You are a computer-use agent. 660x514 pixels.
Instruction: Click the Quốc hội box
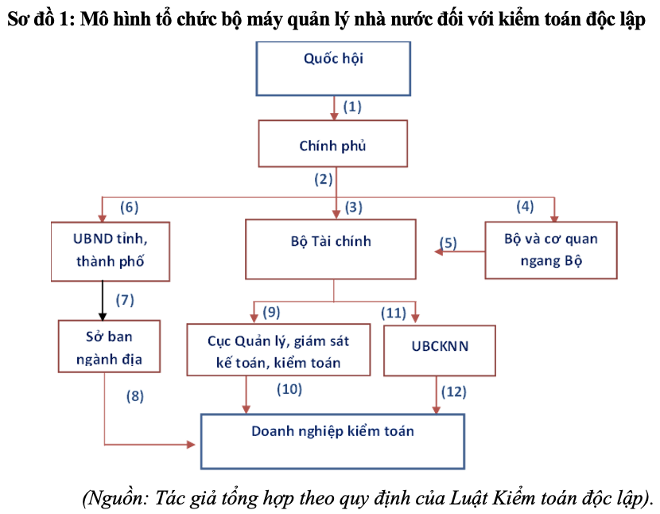pyautogui.click(x=333, y=68)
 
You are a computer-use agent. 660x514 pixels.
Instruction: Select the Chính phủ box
pyautogui.click(x=333, y=144)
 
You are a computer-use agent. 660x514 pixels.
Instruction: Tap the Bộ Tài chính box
pyautogui.click(x=331, y=249)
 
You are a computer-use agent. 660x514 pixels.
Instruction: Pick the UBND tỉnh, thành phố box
pyautogui.click(x=111, y=251)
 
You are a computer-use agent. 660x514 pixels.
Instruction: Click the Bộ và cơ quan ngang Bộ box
pyautogui.click(x=551, y=251)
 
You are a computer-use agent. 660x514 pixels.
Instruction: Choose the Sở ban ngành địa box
pyautogui.click(x=109, y=346)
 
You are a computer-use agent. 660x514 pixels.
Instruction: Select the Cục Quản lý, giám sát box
pyautogui.click(x=278, y=349)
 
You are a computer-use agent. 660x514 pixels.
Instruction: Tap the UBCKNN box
pyautogui.click(x=440, y=351)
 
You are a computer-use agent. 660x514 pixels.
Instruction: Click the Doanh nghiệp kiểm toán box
pyautogui.click(x=332, y=442)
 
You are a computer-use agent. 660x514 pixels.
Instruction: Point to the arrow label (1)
pyautogui.click(x=352, y=107)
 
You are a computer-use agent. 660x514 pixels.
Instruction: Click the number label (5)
pyautogui.click(x=448, y=243)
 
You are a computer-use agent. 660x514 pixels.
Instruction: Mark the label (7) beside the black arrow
pyautogui.click(x=125, y=300)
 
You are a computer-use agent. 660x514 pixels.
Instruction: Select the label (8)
pyautogui.click(x=135, y=396)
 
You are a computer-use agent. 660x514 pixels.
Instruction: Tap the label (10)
pyautogui.click(x=289, y=389)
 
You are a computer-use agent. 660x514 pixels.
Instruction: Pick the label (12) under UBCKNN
pyautogui.click(x=454, y=391)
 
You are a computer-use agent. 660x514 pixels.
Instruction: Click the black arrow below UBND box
pyautogui.click(x=103, y=301)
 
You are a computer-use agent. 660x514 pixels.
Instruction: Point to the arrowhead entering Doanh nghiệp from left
pyautogui.click(x=191, y=444)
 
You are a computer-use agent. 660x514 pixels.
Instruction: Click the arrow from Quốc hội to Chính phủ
pyautogui.click(x=334, y=108)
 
